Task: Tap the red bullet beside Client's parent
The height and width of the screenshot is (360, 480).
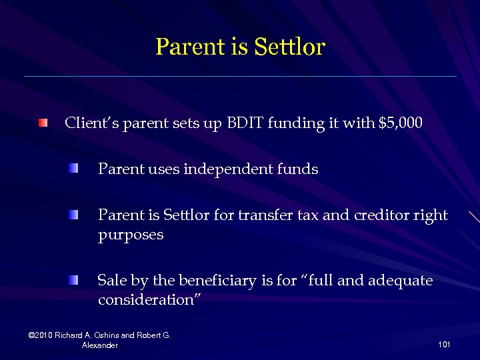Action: coord(43,123)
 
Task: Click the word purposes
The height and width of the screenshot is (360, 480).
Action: coord(131,236)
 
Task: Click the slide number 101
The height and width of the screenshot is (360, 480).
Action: coord(445,345)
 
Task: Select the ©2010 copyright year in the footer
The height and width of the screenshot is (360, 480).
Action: coord(41,335)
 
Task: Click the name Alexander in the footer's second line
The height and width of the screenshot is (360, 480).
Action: coord(100,345)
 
